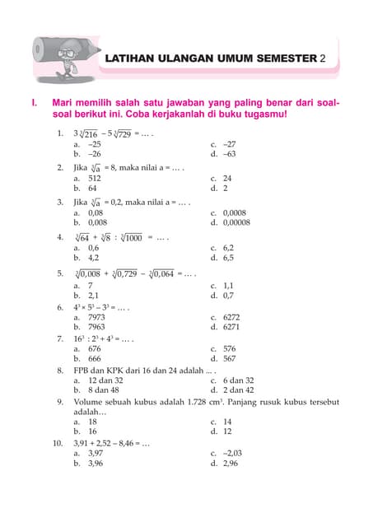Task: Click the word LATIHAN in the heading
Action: click(131, 59)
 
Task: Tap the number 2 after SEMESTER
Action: click(323, 59)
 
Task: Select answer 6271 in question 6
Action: click(232, 327)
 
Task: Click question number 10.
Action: click(57, 443)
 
